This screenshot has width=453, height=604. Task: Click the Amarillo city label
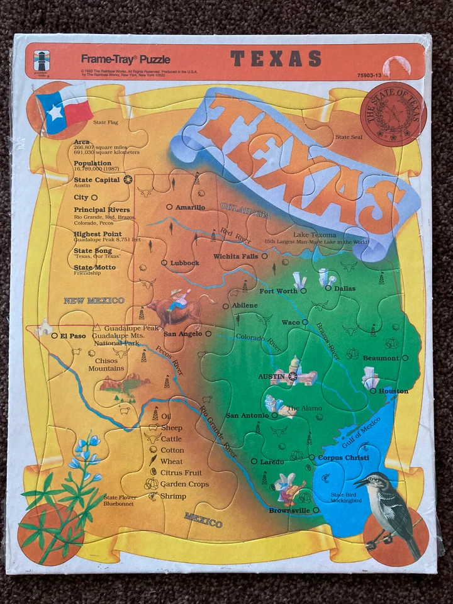tap(189, 207)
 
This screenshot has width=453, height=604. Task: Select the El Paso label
tap(72, 335)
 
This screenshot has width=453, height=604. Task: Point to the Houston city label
tap(393, 391)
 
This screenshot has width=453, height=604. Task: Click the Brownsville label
tap(289, 510)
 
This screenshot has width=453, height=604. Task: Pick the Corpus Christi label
tap(343, 457)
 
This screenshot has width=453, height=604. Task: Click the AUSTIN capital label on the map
tap(272, 376)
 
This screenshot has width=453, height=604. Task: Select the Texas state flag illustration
tap(64, 109)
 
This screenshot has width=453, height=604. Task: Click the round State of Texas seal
tap(393, 114)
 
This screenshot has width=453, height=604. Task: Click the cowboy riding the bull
tap(177, 302)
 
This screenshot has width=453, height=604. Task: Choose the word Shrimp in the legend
tap(173, 496)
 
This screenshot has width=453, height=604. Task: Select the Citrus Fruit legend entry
tap(181, 473)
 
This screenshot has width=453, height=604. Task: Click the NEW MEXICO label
tap(94, 301)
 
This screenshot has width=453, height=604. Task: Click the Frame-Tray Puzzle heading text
tap(125, 59)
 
